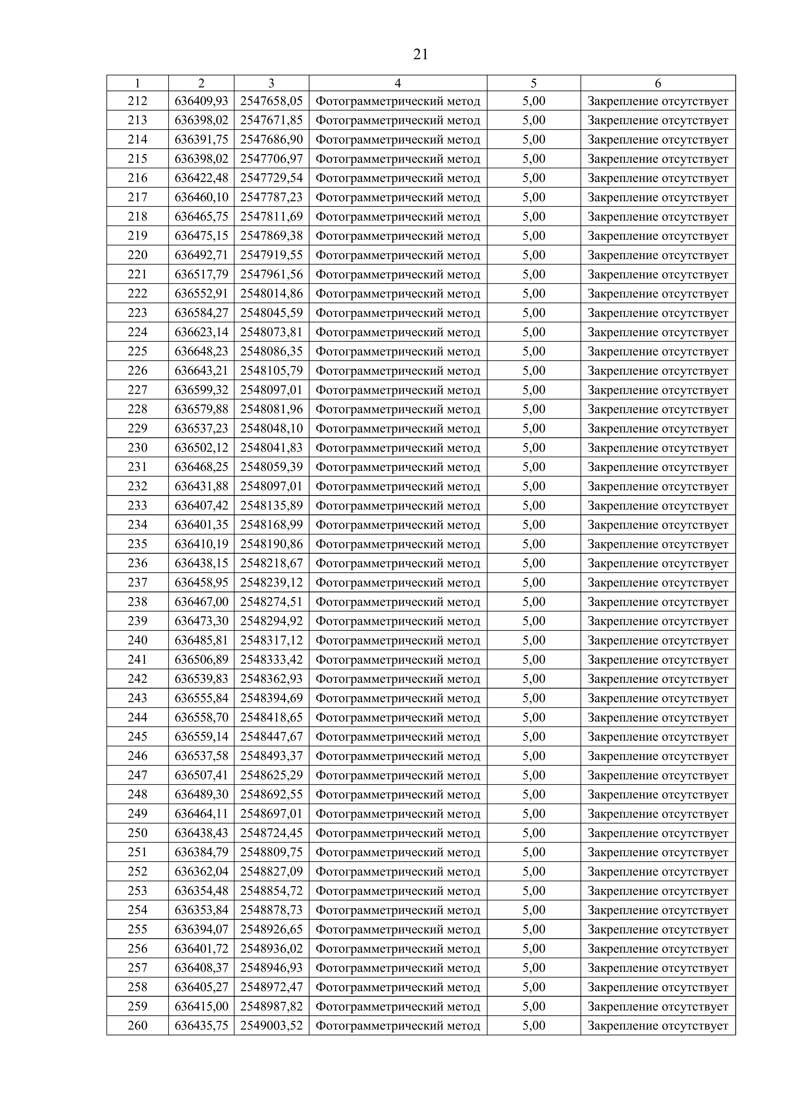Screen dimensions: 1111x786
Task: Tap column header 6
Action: point(658,83)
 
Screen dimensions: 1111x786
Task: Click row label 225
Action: point(138,351)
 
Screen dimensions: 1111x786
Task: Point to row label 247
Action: point(138,775)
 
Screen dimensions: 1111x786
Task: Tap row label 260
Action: point(138,1025)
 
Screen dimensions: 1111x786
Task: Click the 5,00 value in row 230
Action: point(534,448)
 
